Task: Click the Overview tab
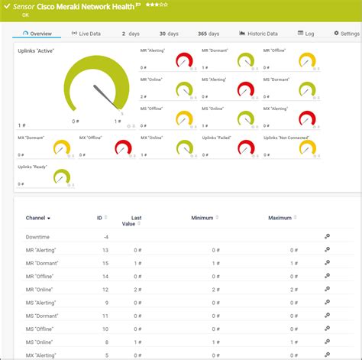[38, 34]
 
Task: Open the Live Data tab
[86, 34]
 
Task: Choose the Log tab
[305, 34]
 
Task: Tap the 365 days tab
[207, 34]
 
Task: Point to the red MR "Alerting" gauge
[183, 60]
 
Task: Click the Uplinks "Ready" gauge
[61, 177]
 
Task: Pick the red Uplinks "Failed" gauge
[245, 146]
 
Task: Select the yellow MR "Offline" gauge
[306, 60]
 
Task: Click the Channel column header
[38, 218]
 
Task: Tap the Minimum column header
[202, 218]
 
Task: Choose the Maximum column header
[280, 218]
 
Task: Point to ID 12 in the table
[105, 289]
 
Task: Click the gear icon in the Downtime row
[327, 237]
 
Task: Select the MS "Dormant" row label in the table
[43, 316]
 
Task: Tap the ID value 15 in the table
[105, 276]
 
